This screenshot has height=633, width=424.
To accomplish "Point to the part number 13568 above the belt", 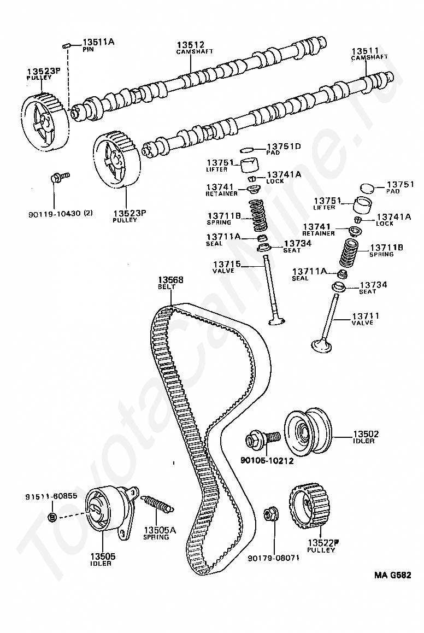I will click(x=170, y=280).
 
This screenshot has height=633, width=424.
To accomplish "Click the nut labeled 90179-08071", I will click(x=269, y=514).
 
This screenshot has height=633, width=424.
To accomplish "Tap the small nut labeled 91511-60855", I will click(x=52, y=517).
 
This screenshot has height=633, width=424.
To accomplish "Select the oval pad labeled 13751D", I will click(x=248, y=148).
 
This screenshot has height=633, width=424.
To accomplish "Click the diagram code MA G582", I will click(x=392, y=575).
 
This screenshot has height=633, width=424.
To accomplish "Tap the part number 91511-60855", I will click(x=51, y=496).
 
